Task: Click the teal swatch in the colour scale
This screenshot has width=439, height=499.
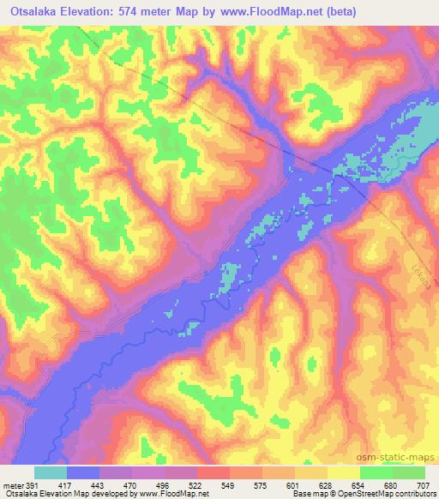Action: [x=51, y=472]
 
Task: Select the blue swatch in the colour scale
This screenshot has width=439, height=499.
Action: [x=83, y=472]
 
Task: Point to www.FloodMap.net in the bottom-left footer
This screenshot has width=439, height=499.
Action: [x=176, y=493]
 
